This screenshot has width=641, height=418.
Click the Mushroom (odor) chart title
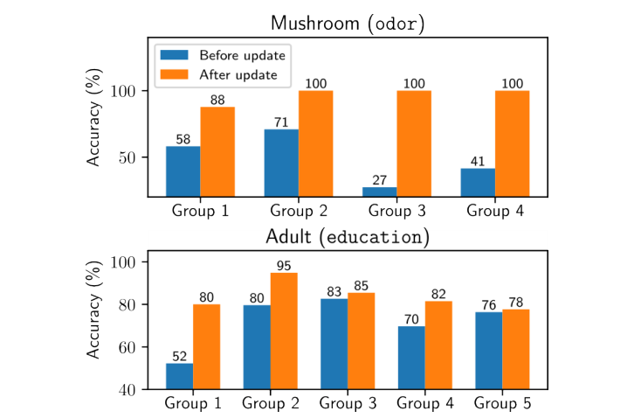[347, 24]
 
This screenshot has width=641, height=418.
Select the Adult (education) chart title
[347, 237]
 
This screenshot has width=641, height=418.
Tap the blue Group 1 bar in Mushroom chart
[183, 171]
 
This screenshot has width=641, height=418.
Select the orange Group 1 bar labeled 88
[217, 151]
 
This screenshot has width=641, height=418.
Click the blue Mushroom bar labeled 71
[281, 163]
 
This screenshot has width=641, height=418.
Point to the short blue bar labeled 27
[380, 192]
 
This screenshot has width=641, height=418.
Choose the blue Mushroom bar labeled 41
[478, 182]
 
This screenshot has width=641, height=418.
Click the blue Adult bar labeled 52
[180, 376]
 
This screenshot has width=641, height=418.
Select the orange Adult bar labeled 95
[284, 331]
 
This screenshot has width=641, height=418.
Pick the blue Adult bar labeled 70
[411, 357]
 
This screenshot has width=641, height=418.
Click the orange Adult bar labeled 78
[515, 349]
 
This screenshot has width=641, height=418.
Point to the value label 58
[183, 139]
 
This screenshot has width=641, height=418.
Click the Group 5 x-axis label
[502, 403]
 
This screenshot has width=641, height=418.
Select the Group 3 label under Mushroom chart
[396, 211]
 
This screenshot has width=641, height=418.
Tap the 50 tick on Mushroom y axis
[126, 158]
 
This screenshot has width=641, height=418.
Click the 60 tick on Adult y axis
[126, 347]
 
